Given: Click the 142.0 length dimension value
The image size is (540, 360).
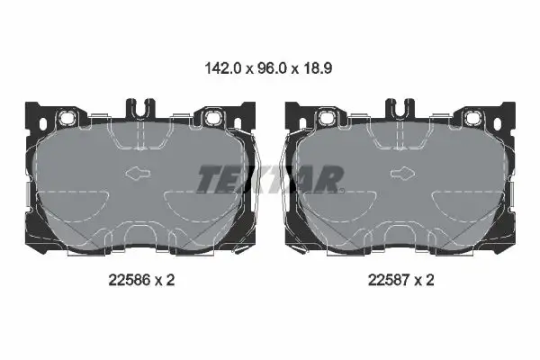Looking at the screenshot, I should [x=224, y=67].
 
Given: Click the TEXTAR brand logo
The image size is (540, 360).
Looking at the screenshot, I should [x=269, y=178].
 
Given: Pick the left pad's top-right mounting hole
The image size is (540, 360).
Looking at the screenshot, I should [x=212, y=119].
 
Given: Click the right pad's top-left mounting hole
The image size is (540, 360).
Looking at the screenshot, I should [x=327, y=119].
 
